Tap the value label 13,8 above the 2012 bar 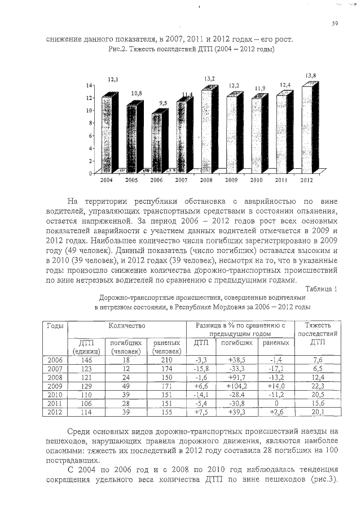(310, 75)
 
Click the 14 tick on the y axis (89, 85)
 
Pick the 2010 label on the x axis (257, 180)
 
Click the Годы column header (55, 326)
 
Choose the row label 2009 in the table (55, 386)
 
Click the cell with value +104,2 (237, 386)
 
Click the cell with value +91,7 (237, 377)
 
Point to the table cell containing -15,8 (201, 369)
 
